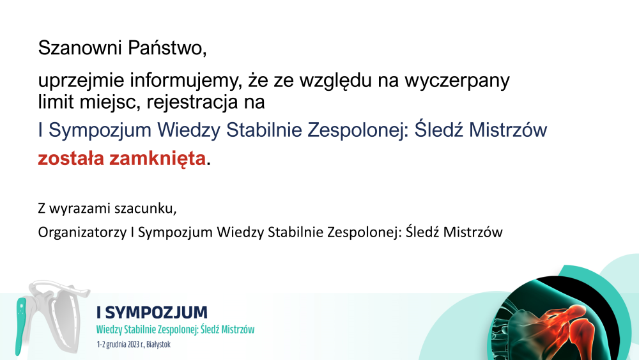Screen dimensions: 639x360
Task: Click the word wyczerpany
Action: pos(457,81)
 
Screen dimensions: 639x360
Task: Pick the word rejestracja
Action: pos(192,102)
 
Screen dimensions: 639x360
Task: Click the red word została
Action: pos(71,158)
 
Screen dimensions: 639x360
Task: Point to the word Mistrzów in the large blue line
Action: pos(508,130)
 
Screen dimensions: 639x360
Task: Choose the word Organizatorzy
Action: pos(82,232)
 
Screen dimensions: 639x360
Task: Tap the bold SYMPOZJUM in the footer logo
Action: pos(157,313)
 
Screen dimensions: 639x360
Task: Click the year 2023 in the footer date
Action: pos(134,345)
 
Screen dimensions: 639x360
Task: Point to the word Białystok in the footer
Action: pos(158,345)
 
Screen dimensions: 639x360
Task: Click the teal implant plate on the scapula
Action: pos(20,325)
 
